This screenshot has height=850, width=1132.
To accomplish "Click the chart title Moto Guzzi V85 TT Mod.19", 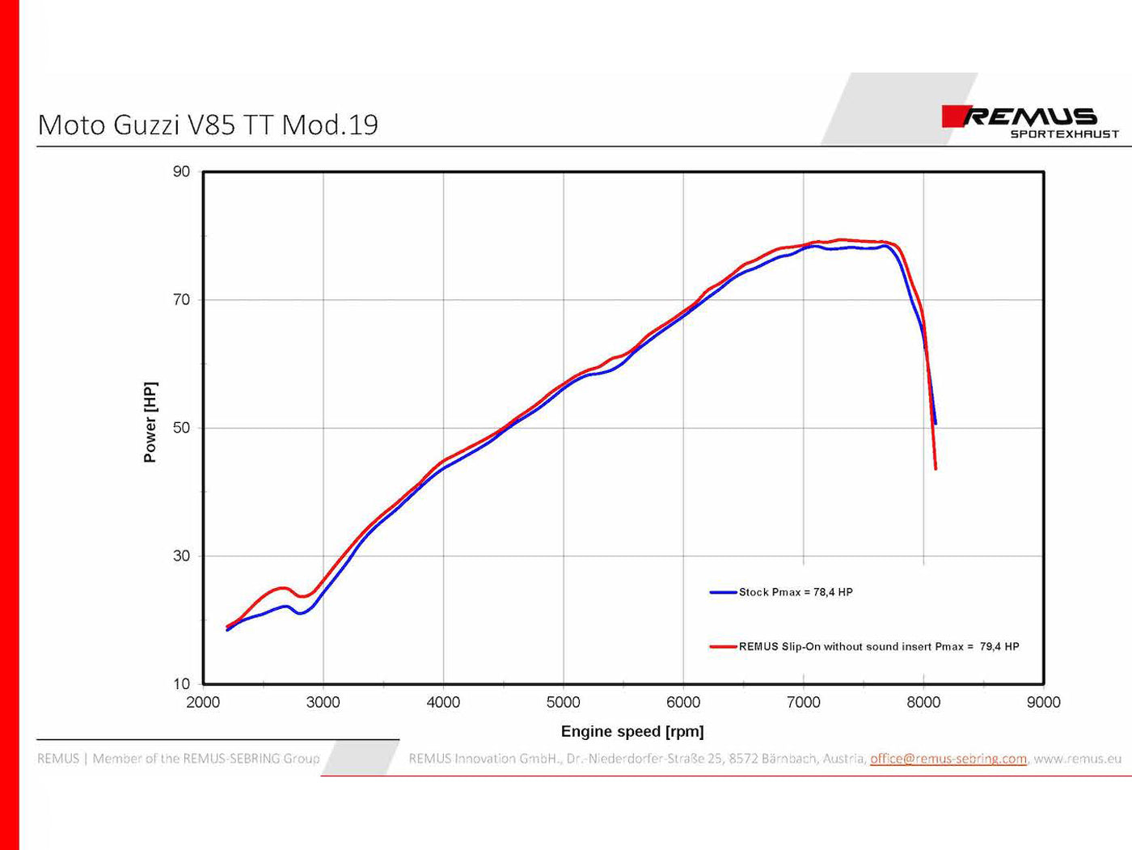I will (208, 125).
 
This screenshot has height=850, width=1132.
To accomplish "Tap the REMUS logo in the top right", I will (1020, 116).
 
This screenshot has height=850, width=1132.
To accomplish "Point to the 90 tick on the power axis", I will (181, 171).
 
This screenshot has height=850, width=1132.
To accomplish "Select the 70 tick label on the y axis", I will (181, 300).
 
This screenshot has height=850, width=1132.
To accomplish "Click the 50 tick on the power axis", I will (181, 428).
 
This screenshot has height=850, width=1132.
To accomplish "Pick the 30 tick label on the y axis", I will (181, 556).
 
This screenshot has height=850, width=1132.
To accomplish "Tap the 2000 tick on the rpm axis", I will (203, 703).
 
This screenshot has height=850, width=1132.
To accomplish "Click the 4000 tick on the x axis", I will (443, 703).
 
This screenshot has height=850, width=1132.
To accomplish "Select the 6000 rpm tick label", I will (683, 703).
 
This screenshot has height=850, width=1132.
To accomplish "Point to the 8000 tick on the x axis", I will (923, 703).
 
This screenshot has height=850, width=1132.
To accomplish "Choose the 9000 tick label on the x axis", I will (1043, 703).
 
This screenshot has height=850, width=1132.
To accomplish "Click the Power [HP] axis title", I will (150, 422).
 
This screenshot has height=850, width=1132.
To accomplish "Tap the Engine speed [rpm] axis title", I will (632, 732).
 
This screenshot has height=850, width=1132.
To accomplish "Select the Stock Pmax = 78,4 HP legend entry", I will (796, 592).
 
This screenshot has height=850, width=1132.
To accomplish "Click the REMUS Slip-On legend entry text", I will (879, 646).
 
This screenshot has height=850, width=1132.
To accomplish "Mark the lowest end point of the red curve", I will (936, 468).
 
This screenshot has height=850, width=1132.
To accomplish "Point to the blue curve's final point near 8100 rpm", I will (936, 423).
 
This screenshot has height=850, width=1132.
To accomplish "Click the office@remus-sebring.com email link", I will (948, 759).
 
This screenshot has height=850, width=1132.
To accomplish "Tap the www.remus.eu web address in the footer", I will (1077, 759).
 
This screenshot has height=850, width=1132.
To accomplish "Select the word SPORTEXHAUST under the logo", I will (1064, 134).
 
